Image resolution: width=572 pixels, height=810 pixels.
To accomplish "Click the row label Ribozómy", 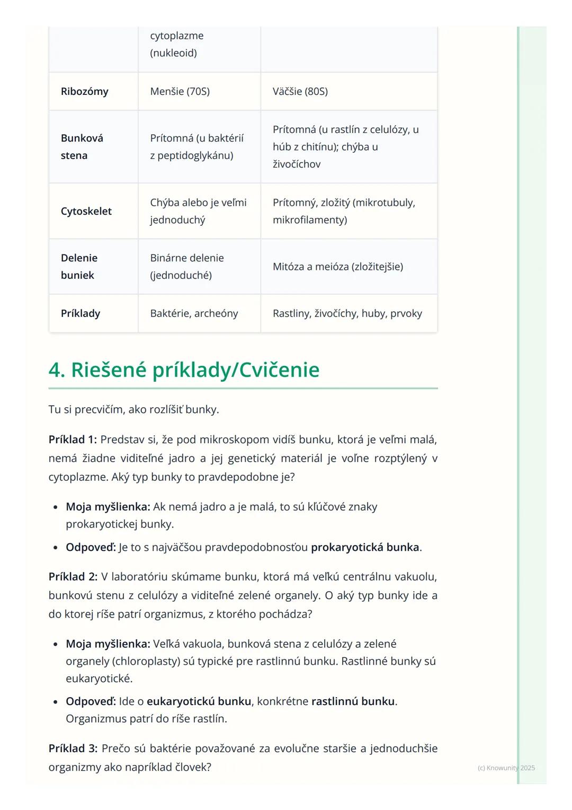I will (84, 91).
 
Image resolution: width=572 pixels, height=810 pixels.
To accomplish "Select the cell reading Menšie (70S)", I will (180, 91).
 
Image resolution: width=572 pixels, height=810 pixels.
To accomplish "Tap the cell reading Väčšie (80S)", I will (300, 91).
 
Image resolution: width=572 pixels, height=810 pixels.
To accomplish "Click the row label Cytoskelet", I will (86, 211).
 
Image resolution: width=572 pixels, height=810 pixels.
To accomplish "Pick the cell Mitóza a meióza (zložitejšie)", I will (337, 267).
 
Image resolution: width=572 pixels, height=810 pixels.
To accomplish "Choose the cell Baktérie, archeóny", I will (194, 313).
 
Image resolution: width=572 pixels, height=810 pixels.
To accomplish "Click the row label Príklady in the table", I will (81, 313).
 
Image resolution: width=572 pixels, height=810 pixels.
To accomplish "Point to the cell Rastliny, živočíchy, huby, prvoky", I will (347, 313).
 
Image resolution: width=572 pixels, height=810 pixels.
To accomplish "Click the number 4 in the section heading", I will (55, 370).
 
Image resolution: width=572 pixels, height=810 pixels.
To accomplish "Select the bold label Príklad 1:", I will (73, 439).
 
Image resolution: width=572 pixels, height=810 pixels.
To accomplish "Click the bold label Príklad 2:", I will (73, 576).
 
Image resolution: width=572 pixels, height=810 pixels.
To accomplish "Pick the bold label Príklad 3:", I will (73, 748).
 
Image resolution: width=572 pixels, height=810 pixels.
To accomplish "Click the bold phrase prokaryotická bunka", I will (364, 547).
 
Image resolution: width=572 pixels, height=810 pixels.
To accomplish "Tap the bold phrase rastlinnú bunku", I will (353, 701).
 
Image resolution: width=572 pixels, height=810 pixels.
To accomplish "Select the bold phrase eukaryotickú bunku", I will (199, 701).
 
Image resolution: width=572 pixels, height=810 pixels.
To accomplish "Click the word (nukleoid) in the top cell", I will (173, 53).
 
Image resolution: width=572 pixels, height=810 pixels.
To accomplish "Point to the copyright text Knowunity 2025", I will (506, 768).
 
